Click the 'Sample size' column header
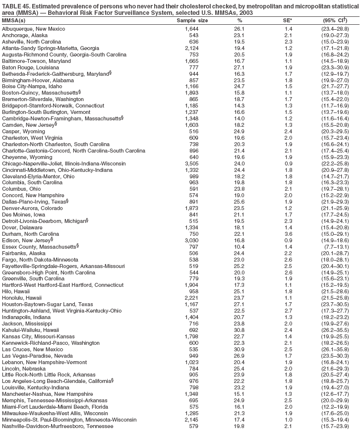coord(192,21)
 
